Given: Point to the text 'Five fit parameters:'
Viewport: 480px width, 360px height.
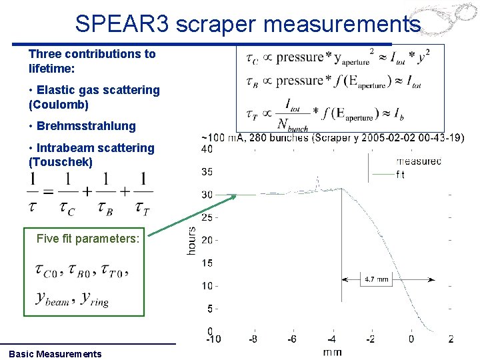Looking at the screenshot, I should [x=87, y=238].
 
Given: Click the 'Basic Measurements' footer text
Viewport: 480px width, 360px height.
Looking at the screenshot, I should [x=55, y=354].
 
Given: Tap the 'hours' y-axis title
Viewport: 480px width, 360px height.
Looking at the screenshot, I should [x=192, y=240].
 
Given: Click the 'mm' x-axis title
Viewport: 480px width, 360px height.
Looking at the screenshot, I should [x=331, y=351].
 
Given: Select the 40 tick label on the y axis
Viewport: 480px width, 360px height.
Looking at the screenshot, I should [x=207, y=149].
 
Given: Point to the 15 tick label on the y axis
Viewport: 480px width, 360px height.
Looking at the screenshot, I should [x=207, y=263].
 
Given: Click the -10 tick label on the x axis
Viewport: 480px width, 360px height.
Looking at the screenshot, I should [x=213, y=339].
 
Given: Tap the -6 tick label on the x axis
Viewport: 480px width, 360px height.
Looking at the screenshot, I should [x=292, y=339].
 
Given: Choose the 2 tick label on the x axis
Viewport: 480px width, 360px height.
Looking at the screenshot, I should [x=451, y=339].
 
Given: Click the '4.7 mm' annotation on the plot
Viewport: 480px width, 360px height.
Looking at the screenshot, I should [x=377, y=280].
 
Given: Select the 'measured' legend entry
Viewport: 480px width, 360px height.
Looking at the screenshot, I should [x=419, y=161].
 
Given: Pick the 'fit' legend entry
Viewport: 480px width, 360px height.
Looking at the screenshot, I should [x=400, y=175].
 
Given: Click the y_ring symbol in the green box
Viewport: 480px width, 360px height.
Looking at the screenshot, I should [x=94, y=299].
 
